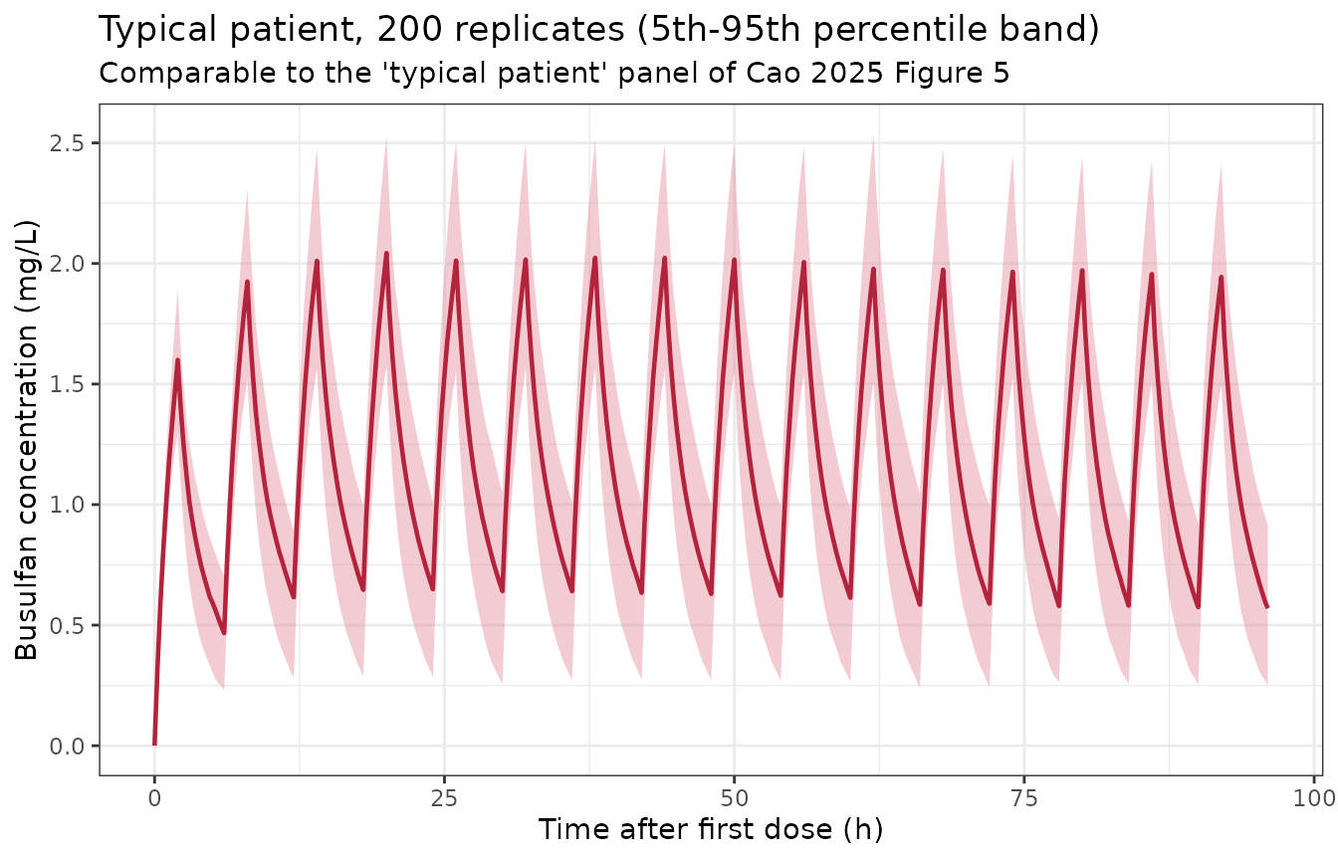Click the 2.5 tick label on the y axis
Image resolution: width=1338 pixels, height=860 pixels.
[66, 143]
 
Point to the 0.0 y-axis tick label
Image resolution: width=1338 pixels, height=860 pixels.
[66, 746]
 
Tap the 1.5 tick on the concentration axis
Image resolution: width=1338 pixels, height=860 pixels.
[66, 384]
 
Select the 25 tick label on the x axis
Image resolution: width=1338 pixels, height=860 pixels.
[444, 798]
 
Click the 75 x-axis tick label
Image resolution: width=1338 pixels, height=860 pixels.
[1024, 798]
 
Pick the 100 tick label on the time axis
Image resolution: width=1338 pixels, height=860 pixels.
[1314, 798]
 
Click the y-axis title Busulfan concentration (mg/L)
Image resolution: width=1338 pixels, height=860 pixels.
[26, 441]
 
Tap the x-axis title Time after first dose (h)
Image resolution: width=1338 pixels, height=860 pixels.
[710, 829]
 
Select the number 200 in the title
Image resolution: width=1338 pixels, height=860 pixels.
[409, 29]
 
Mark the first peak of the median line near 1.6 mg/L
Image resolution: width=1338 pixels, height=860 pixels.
[177, 360]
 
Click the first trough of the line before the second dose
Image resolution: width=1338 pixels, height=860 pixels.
[224, 632]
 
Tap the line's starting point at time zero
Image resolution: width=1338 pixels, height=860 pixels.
[154, 745]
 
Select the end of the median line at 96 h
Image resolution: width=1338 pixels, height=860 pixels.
[1267, 607]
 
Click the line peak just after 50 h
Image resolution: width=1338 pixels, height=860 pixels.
[734, 260]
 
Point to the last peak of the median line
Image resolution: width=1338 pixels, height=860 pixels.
[1221, 277]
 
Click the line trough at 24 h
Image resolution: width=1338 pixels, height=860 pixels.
[432, 589]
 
